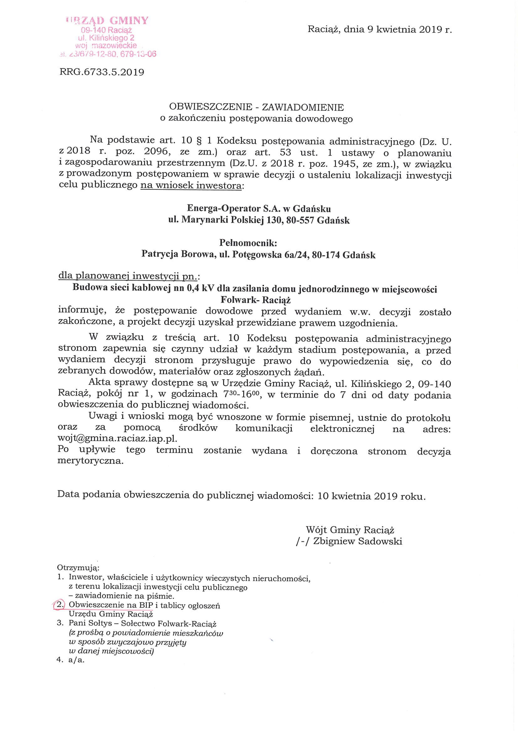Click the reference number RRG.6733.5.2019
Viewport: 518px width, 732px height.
102,72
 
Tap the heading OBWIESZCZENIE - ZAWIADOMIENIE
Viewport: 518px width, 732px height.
256,107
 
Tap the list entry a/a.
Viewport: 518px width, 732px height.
76,660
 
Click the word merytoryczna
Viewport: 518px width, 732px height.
90,461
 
